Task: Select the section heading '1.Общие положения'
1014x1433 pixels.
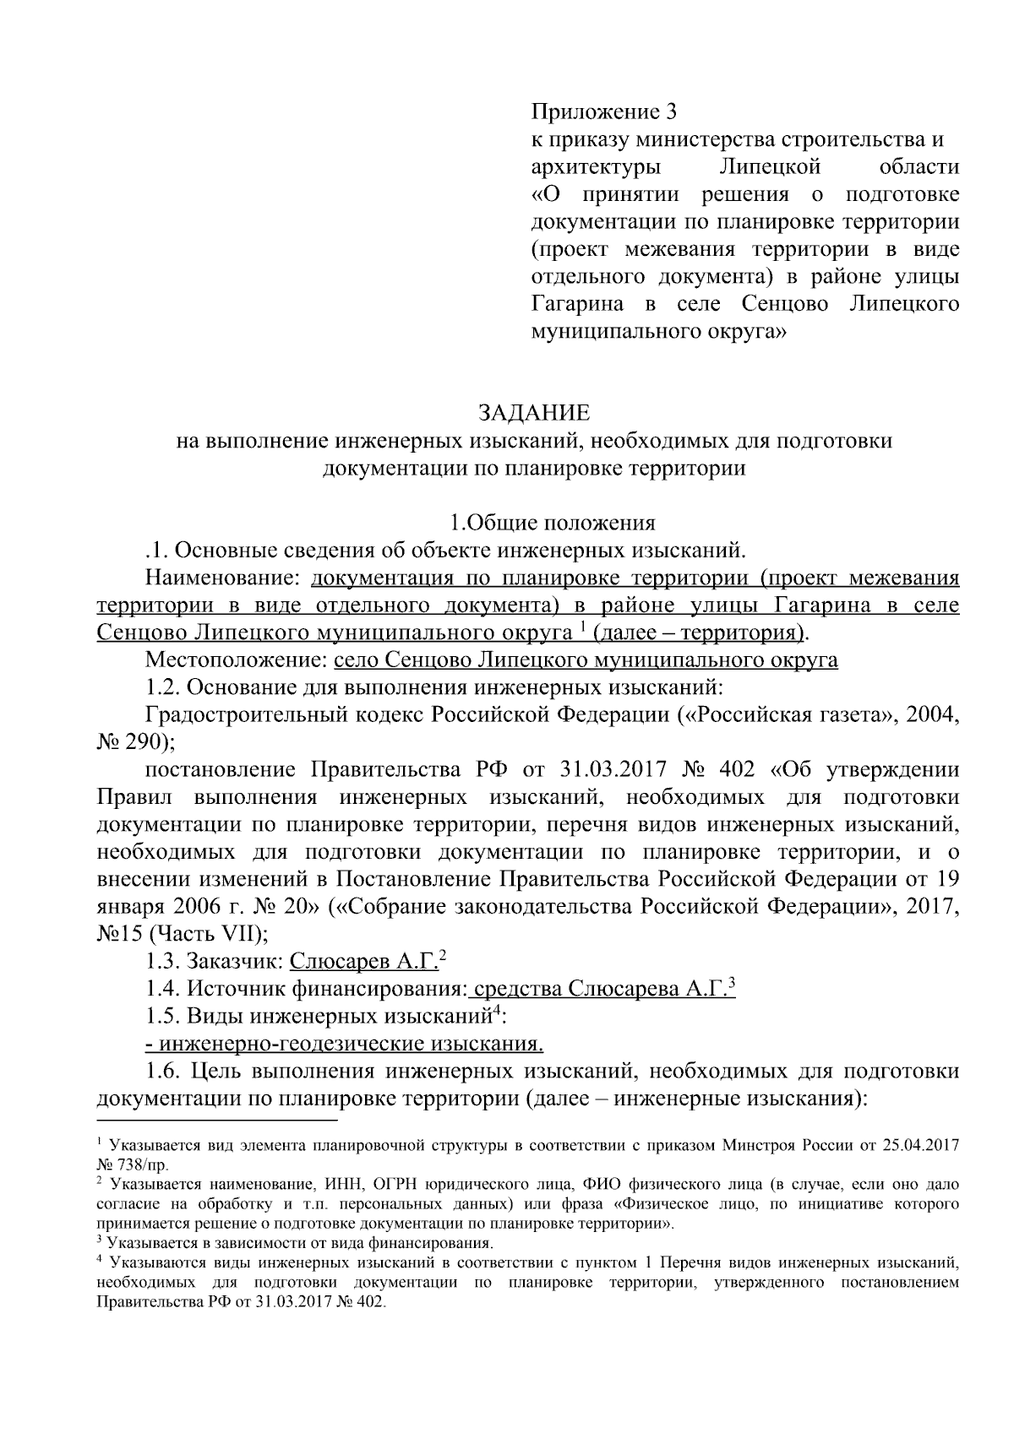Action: point(552,523)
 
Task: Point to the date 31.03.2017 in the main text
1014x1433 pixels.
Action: point(609,770)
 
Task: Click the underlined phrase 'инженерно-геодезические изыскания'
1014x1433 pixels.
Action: point(344,1044)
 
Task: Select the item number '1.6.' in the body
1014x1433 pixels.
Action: point(165,1072)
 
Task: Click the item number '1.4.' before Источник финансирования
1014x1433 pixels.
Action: point(162,989)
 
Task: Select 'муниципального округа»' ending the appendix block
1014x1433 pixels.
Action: point(659,332)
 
